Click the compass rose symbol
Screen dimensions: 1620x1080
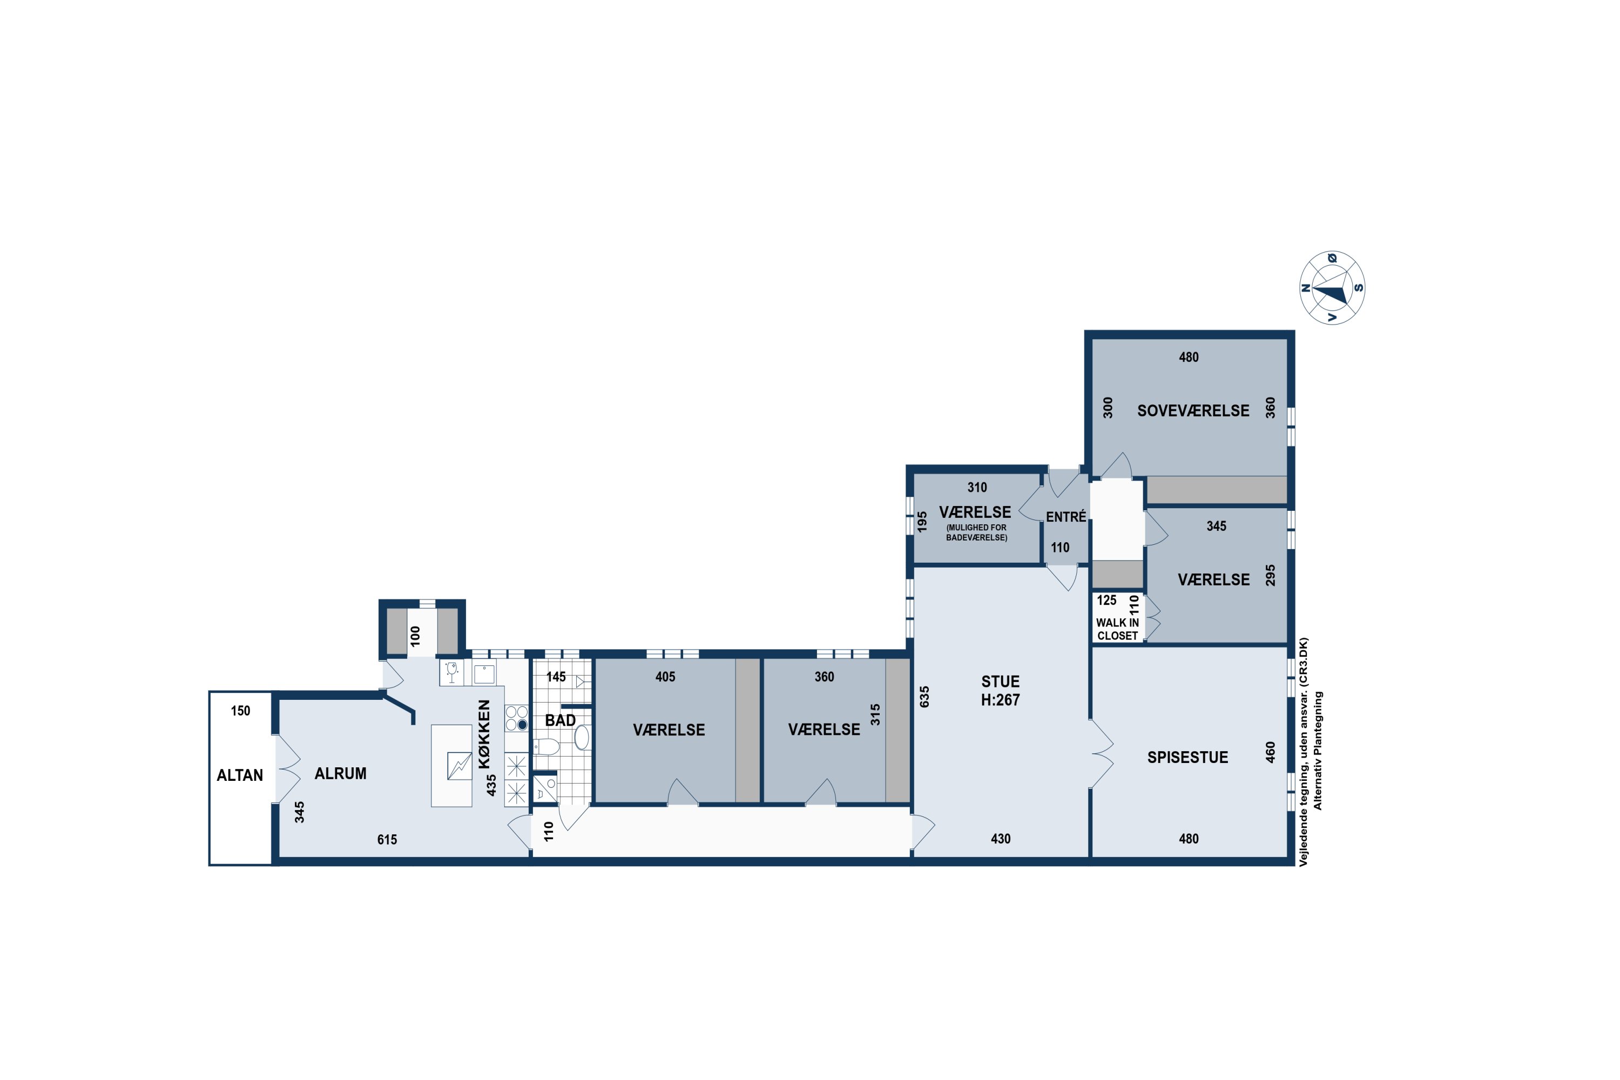pyautogui.click(x=1333, y=288)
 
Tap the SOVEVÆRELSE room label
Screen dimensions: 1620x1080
pyautogui.click(x=1193, y=410)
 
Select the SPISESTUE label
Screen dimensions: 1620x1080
pyautogui.click(x=1187, y=757)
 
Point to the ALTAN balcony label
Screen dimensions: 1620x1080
pyautogui.click(x=240, y=775)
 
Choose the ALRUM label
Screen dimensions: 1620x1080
pyautogui.click(x=340, y=773)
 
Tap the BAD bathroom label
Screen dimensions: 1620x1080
pyautogui.click(x=560, y=720)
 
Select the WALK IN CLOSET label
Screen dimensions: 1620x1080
pyautogui.click(x=1117, y=629)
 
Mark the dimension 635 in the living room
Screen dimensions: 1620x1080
pyautogui.click(x=924, y=697)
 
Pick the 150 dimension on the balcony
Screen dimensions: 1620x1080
pyautogui.click(x=240, y=711)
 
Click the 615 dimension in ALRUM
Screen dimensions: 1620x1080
pyautogui.click(x=387, y=840)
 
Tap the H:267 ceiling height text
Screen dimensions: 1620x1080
pyautogui.click(x=1000, y=700)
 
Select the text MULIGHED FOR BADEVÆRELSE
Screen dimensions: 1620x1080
pyautogui.click(x=976, y=532)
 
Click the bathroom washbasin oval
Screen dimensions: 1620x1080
pyautogui.click(x=582, y=737)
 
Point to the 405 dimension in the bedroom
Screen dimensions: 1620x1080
pyautogui.click(x=665, y=677)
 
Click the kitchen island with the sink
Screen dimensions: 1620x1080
pyautogui.click(x=451, y=765)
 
